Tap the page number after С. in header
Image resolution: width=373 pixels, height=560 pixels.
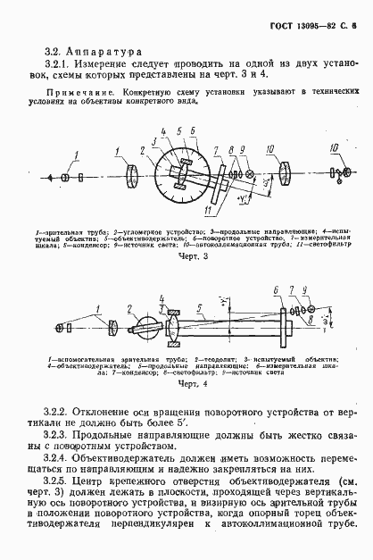coord(354,28)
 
